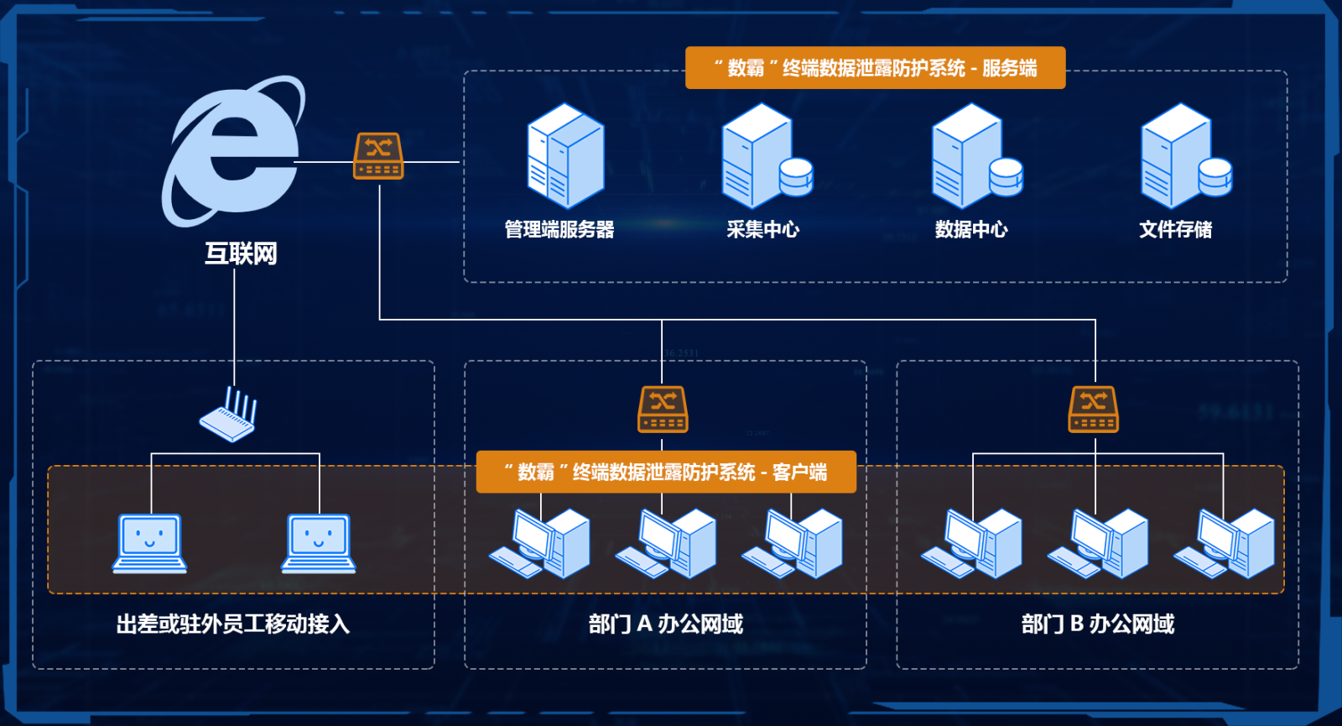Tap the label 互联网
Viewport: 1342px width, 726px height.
click(241, 253)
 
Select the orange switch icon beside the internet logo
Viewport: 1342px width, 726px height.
click(378, 156)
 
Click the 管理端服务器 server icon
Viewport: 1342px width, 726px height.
click(565, 157)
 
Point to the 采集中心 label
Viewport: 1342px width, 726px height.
click(762, 229)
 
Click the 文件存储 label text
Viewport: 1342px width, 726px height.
click(1175, 229)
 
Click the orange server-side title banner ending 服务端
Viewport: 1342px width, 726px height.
click(875, 68)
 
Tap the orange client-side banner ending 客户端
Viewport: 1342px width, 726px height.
click(666, 472)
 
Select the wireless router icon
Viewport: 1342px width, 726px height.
click(228, 415)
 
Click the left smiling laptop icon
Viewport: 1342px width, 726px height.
click(149, 544)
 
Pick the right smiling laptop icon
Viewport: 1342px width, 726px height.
click(319, 544)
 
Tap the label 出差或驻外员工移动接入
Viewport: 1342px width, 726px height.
click(232, 624)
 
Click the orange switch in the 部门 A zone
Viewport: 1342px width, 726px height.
click(663, 410)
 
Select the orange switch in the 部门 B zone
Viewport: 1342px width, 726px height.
click(1094, 410)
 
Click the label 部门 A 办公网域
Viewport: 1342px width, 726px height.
click(665, 624)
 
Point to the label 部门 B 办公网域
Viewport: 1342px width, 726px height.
click(1097, 624)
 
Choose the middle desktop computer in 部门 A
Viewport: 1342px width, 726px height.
click(666, 544)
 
